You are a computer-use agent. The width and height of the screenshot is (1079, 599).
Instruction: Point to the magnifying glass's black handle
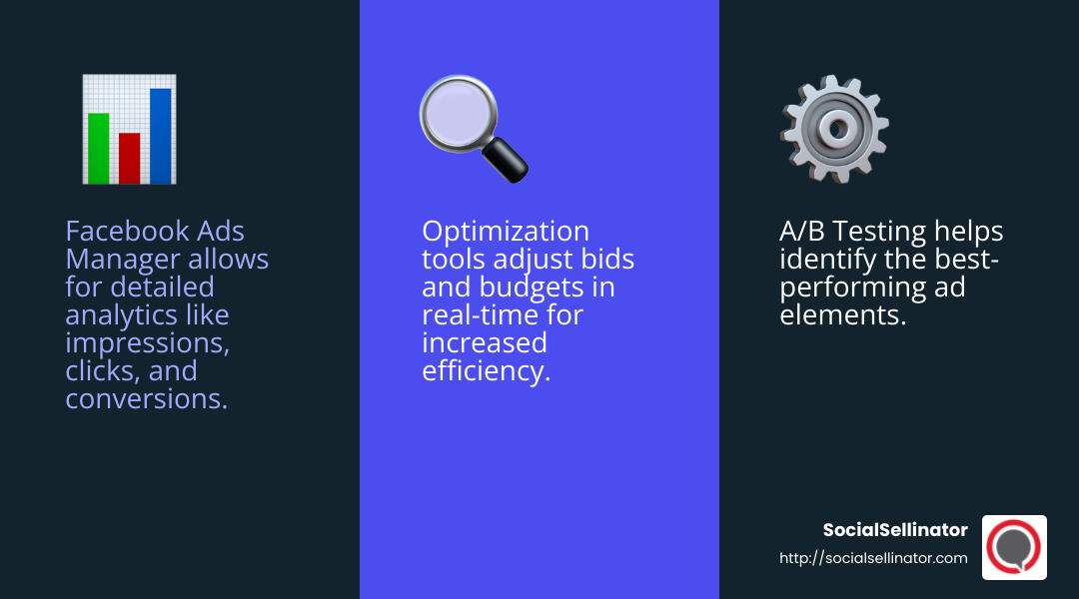pyautogui.click(x=507, y=159)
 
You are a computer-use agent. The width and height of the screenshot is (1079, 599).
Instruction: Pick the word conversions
pyautogui.click(x=146, y=399)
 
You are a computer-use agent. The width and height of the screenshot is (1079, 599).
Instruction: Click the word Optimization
pyautogui.click(x=506, y=232)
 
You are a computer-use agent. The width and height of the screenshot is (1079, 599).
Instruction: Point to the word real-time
pyautogui.click(x=476, y=315)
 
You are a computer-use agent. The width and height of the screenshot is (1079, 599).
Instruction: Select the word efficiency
pyautogui.click(x=486, y=371)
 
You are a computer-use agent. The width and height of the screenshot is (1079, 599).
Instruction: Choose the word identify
pyautogui.click(x=823, y=260)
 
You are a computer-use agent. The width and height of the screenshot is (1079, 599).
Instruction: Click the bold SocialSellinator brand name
pyautogui.click(x=895, y=530)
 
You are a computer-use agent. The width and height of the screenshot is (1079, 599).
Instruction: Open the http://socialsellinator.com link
pyautogui.click(x=873, y=558)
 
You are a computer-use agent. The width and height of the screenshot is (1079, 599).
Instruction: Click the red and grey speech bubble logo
pyautogui.click(x=1014, y=547)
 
